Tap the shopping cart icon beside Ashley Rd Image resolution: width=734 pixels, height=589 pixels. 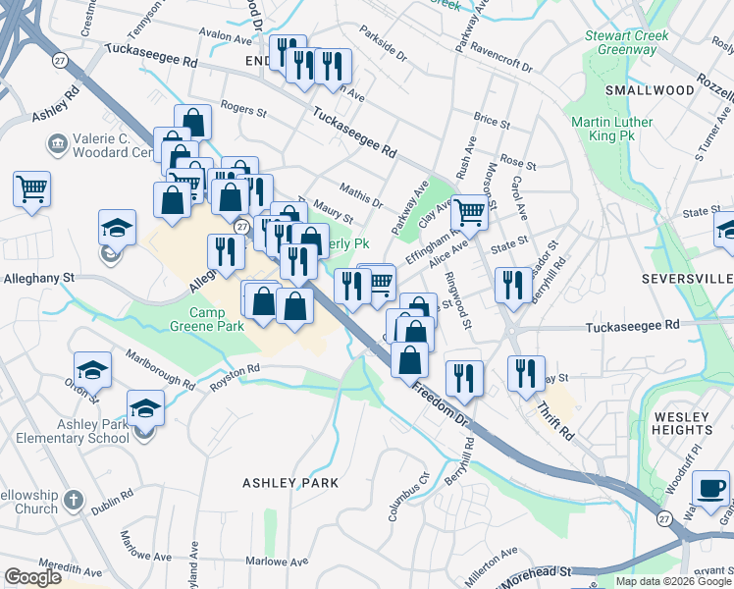point(32,187)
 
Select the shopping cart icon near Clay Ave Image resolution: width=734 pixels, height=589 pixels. point(470,209)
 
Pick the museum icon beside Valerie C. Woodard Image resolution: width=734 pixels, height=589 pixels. point(56,144)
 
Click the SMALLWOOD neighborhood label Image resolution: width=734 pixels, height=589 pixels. point(649,90)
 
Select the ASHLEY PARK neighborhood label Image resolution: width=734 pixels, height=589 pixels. point(290,483)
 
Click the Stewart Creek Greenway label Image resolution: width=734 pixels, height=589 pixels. point(627,42)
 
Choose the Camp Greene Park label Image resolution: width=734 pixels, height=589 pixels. point(205,319)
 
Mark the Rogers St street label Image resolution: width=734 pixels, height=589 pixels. point(244,111)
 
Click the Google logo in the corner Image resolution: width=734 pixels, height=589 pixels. point(33,577)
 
